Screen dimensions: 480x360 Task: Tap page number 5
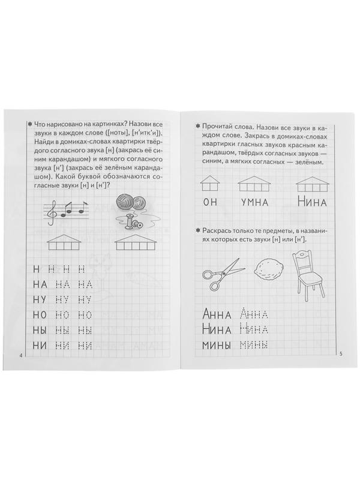(x=340, y=353)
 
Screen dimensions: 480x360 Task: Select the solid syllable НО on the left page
(x=41, y=314)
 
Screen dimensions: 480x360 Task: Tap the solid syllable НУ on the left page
(x=41, y=299)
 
